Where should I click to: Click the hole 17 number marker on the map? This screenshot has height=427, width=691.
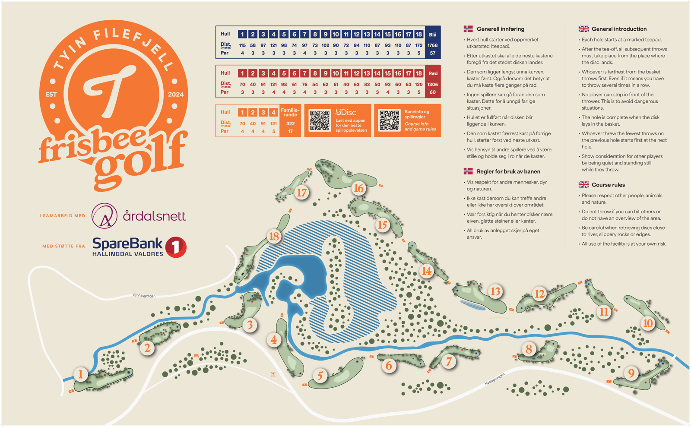[301, 192]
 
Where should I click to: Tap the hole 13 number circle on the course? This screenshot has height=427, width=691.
[495, 291]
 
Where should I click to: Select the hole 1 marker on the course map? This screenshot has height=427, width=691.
[80, 374]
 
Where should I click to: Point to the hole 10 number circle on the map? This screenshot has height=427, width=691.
[648, 323]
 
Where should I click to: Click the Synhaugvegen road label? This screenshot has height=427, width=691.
[144, 296]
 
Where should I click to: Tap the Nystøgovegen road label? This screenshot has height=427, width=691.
[494, 379]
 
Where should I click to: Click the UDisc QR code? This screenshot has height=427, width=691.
[320, 120]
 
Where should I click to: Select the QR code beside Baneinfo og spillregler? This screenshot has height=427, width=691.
[389, 120]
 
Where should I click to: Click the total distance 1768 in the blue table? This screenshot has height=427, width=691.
[432, 45]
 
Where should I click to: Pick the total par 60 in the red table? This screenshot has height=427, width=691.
[432, 92]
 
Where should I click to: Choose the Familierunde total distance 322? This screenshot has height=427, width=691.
[290, 123]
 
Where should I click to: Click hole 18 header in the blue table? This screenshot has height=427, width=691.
[418, 34]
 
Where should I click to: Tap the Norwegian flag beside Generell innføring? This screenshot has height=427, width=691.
[468, 29]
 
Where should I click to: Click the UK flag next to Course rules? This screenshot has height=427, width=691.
[583, 185]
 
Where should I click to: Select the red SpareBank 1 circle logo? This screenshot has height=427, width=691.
[176, 247]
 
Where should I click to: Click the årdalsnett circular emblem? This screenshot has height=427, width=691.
[105, 215]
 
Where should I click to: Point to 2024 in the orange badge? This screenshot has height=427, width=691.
[176, 95]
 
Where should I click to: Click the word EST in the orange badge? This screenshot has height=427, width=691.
[51, 95]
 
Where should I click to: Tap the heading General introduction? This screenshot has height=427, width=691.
[619, 29]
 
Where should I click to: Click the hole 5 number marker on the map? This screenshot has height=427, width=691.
[320, 376]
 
